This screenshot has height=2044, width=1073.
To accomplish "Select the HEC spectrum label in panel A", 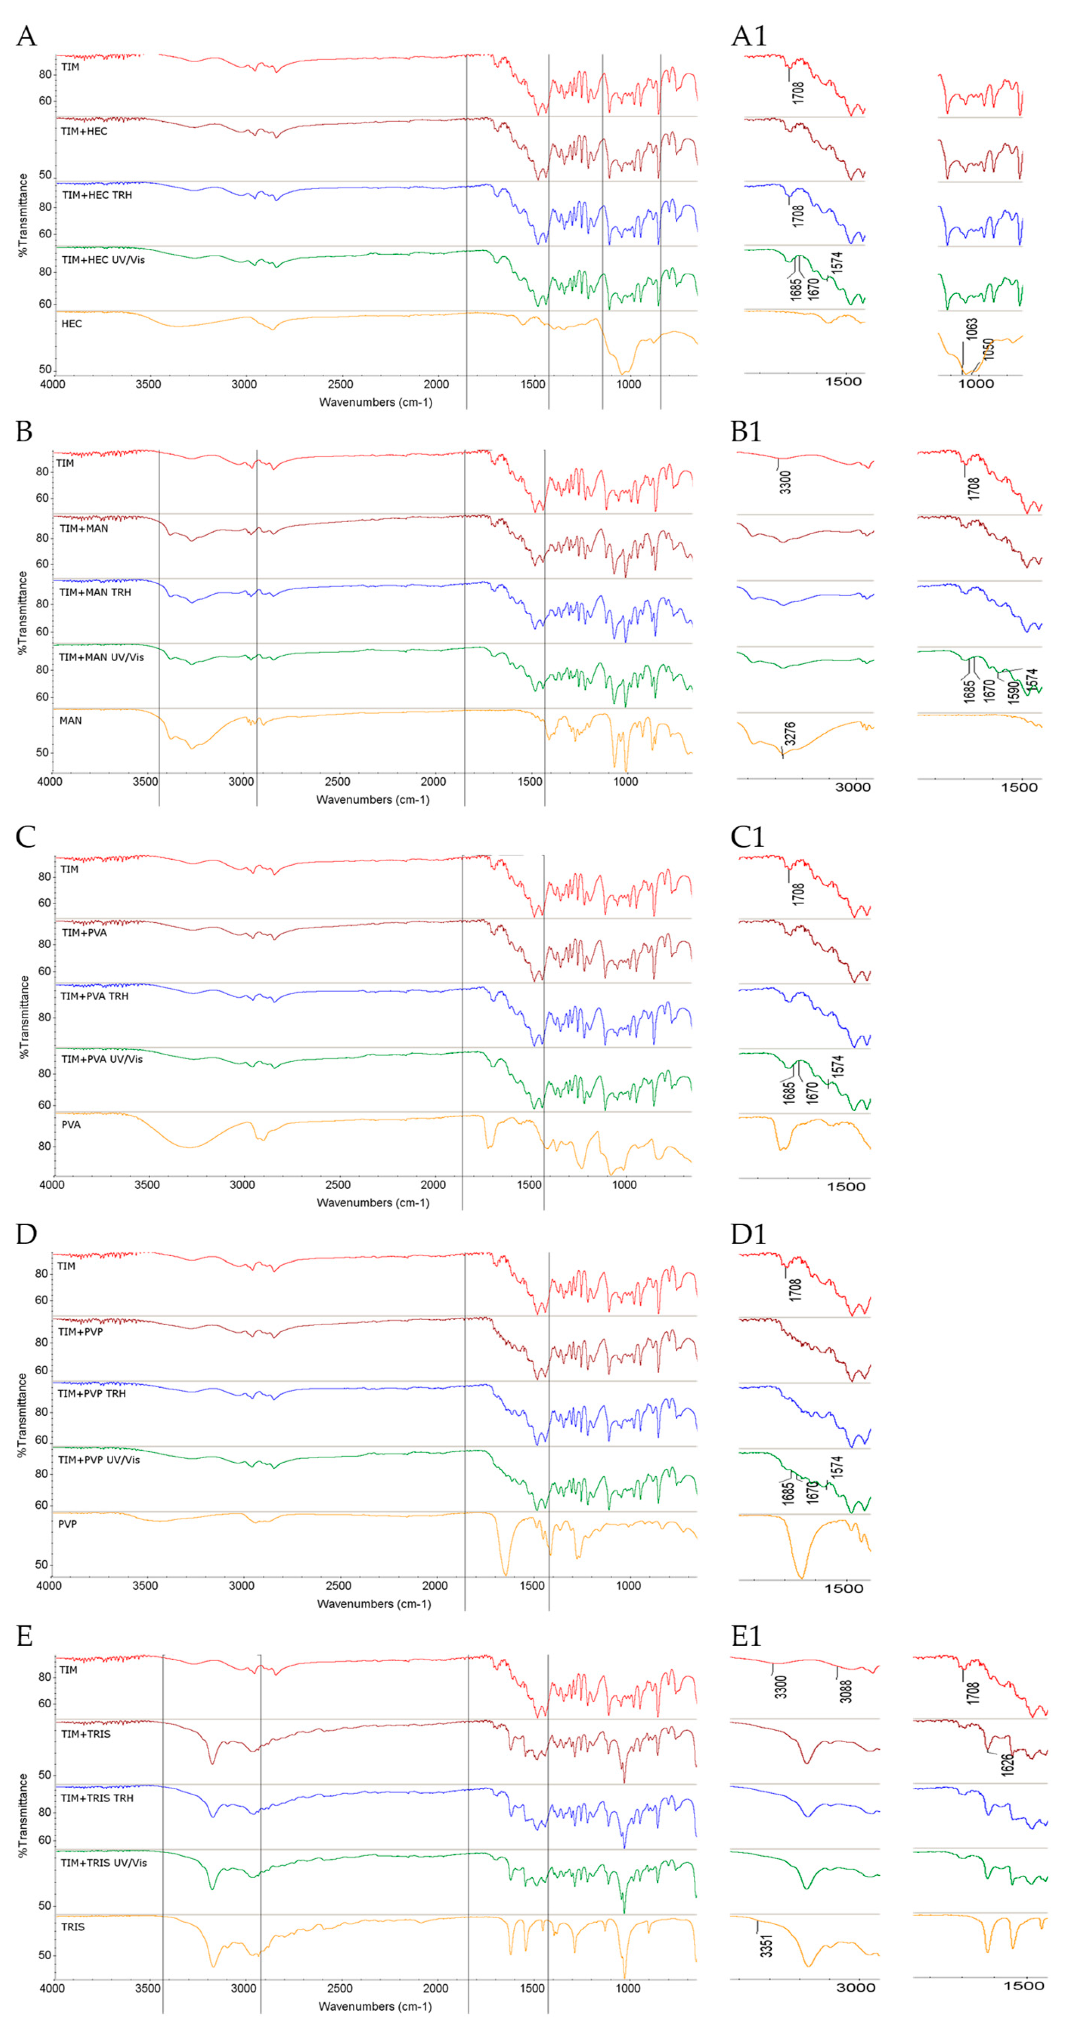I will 72,324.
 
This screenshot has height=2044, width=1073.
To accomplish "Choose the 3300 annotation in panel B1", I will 785,482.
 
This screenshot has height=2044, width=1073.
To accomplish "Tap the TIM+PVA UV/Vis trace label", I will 102,1059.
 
